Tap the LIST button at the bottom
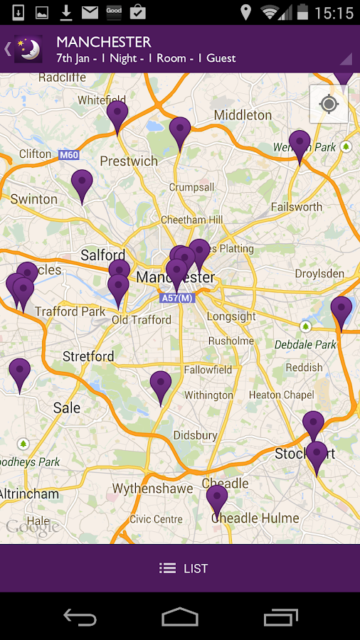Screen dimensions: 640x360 pos(184,568)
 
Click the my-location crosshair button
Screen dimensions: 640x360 pos(329,105)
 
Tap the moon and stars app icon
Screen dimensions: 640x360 pos(28,49)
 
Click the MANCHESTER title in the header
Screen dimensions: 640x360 pos(104,42)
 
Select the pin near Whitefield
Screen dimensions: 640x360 pos(117,116)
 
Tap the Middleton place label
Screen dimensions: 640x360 pos(243,115)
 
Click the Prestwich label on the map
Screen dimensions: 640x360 pos(129,161)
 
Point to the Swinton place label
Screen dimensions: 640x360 pos(34,199)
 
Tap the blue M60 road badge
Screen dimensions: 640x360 pos(68,154)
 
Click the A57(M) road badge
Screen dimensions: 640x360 pos(177,298)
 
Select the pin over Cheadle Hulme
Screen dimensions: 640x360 pos(217,500)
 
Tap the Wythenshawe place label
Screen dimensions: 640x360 pos(152,489)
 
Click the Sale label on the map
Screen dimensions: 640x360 pos(67,408)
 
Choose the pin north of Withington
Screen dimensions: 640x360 pos(161,386)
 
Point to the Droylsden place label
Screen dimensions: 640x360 pos(319,274)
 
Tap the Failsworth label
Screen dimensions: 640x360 pos(297,207)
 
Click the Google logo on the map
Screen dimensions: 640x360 pos(33,528)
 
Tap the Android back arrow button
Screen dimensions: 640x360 pos(80,617)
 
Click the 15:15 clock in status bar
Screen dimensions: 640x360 pos(333,13)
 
